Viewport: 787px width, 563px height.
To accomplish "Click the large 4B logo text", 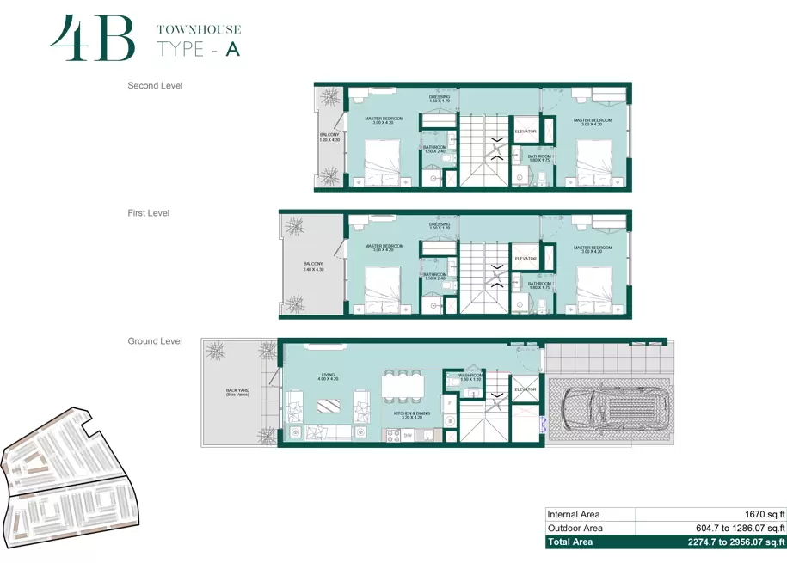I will click(x=92, y=39).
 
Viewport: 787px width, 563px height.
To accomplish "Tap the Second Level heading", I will click(x=155, y=86).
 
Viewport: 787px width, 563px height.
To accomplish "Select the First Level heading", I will click(x=149, y=213).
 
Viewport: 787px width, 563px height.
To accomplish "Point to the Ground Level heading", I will click(x=155, y=341).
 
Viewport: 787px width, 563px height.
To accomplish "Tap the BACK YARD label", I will click(x=237, y=392).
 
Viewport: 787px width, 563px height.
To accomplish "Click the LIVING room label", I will click(x=328, y=376).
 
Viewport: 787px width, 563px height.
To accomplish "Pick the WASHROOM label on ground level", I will click(x=470, y=376).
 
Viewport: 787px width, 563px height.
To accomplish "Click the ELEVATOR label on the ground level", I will click(x=525, y=389).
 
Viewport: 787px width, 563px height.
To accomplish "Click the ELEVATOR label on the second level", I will click(x=525, y=132).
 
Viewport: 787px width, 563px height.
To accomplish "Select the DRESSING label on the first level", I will click(x=440, y=226).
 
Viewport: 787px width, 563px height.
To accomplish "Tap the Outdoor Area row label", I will click(x=575, y=528).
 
